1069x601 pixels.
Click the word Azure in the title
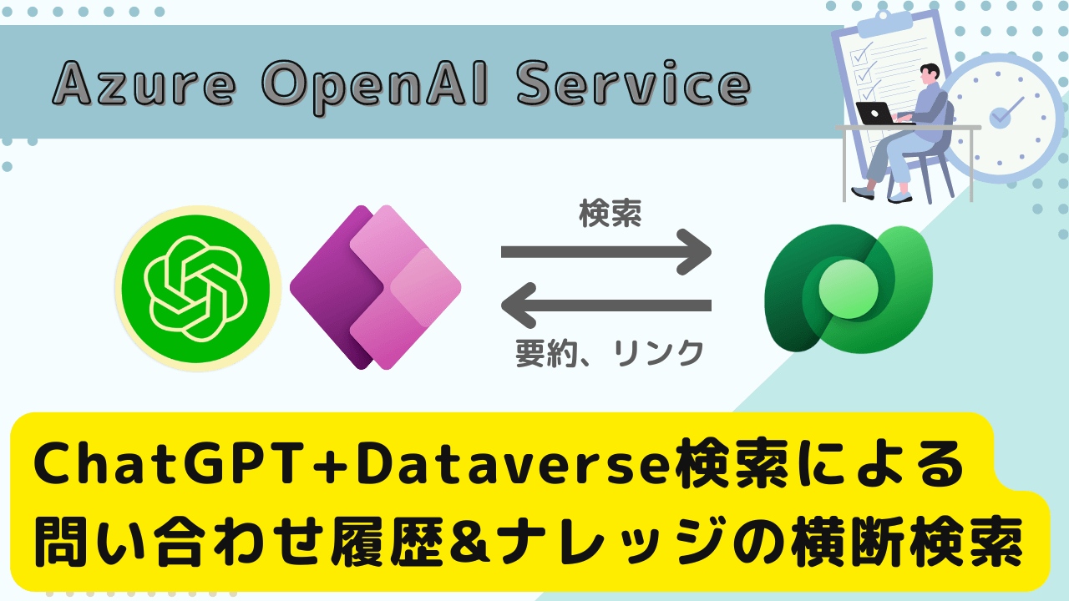pos(144,83)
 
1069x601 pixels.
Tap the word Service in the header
pos(634,83)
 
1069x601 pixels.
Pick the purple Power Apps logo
pos(376,287)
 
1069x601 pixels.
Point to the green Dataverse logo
pos(849,289)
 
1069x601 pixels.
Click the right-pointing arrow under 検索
pos(606,252)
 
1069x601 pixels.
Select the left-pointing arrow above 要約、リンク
pos(606,306)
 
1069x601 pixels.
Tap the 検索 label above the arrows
pos(610,214)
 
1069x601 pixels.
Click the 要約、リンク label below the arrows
pos(610,353)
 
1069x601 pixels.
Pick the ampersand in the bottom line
pos(470,543)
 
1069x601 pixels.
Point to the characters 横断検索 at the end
pos(907,543)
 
